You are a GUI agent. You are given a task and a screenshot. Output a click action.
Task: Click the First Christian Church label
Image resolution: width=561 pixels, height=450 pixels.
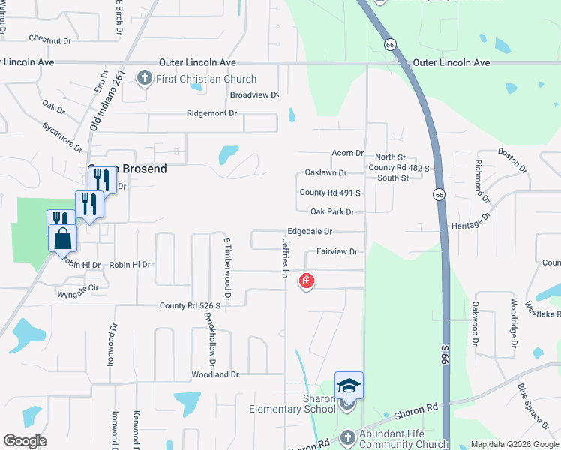[207, 79]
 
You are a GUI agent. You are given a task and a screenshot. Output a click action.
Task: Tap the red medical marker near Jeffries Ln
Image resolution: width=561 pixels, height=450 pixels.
[306, 281]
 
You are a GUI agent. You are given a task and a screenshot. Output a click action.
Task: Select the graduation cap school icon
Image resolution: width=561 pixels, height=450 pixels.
[349, 385]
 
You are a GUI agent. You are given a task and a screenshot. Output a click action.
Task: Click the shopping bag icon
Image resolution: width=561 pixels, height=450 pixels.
[63, 238]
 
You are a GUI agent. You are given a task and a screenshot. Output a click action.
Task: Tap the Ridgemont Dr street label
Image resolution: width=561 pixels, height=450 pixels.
[211, 113]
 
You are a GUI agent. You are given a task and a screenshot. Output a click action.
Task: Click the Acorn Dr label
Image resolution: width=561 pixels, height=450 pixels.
[347, 153]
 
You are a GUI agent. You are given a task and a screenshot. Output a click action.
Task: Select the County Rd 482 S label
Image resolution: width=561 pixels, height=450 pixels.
[398, 168]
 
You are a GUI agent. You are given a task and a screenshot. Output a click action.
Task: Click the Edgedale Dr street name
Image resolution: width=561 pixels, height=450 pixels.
[309, 232]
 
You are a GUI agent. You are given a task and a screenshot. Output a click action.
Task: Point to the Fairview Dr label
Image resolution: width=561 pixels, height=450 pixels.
[337, 251]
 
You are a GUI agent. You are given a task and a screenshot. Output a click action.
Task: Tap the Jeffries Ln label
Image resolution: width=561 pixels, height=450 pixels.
[286, 257]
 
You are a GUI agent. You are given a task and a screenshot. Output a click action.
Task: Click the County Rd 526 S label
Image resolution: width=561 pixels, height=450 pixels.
[190, 306]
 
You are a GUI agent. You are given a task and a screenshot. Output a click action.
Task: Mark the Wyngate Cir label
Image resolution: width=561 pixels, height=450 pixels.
[78, 286]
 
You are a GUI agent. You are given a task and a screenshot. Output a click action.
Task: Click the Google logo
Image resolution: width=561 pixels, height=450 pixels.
[25, 440]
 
